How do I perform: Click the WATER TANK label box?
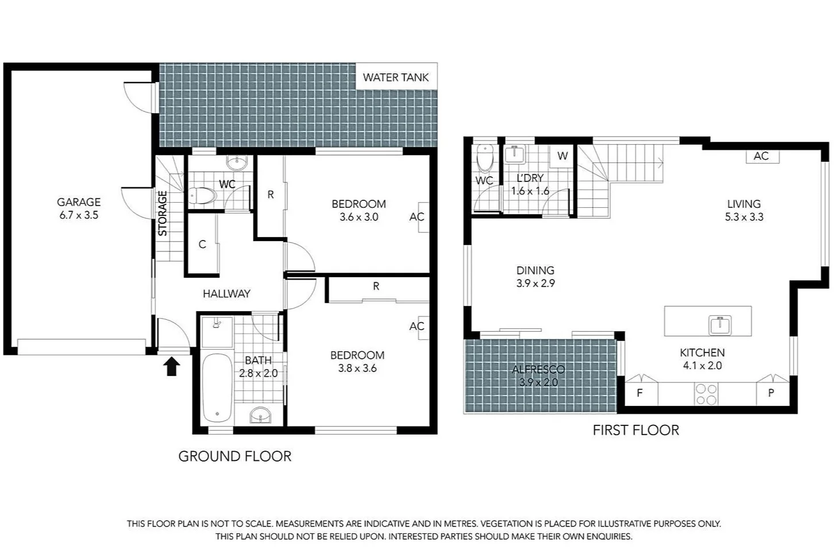point(396,77)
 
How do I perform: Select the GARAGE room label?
point(79,202)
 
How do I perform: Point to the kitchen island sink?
point(719,325)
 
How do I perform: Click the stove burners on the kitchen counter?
point(706,394)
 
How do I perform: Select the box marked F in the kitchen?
point(639,393)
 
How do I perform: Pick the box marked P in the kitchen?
point(771,393)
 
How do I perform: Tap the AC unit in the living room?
point(761,156)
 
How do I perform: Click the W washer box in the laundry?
point(563,156)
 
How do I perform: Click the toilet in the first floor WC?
point(486,158)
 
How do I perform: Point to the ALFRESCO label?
point(538,369)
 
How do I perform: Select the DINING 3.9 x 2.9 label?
point(535,276)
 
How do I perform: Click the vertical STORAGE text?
point(163,213)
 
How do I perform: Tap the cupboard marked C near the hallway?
point(202,245)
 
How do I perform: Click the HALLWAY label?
point(226,293)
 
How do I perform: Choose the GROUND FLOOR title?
point(234,456)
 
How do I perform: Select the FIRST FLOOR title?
point(635,430)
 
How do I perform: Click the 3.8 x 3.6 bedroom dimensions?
point(357,369)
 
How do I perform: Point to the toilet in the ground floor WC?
point(202,196)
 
